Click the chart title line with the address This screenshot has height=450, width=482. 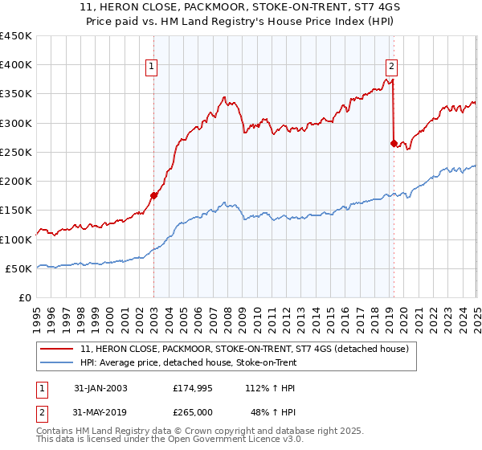241,10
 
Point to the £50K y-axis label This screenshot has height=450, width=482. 19,268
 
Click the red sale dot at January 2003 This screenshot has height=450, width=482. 154,194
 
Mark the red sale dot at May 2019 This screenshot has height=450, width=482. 394,143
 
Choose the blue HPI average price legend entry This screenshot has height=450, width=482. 189,362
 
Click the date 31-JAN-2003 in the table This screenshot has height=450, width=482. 100,388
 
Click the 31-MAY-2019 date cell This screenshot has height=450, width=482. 100,412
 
